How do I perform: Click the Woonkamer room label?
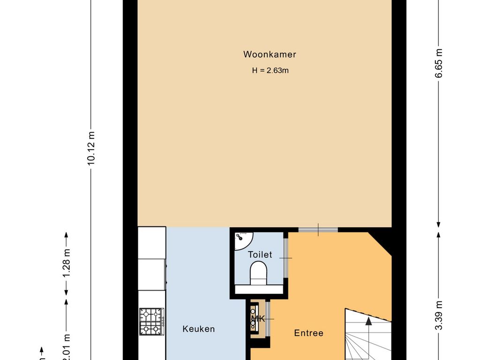click(270, 54)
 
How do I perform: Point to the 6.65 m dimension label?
click(439, 64)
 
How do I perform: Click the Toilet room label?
click(260, 255)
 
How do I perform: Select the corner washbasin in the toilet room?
click(242, 240)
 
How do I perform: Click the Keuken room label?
click(198, 329)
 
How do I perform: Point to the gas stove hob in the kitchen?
click(151, 321)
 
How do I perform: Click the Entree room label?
click(308, 333)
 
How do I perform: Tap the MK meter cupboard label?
click(258, 319)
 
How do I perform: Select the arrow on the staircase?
click(368, 322)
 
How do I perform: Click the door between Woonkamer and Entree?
click(318, 229)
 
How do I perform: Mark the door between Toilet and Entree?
click(285, 258)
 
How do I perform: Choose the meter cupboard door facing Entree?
click(268, 319)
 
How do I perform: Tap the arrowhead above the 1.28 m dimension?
click(66, 235)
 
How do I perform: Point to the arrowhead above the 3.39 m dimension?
click(439, 234)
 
